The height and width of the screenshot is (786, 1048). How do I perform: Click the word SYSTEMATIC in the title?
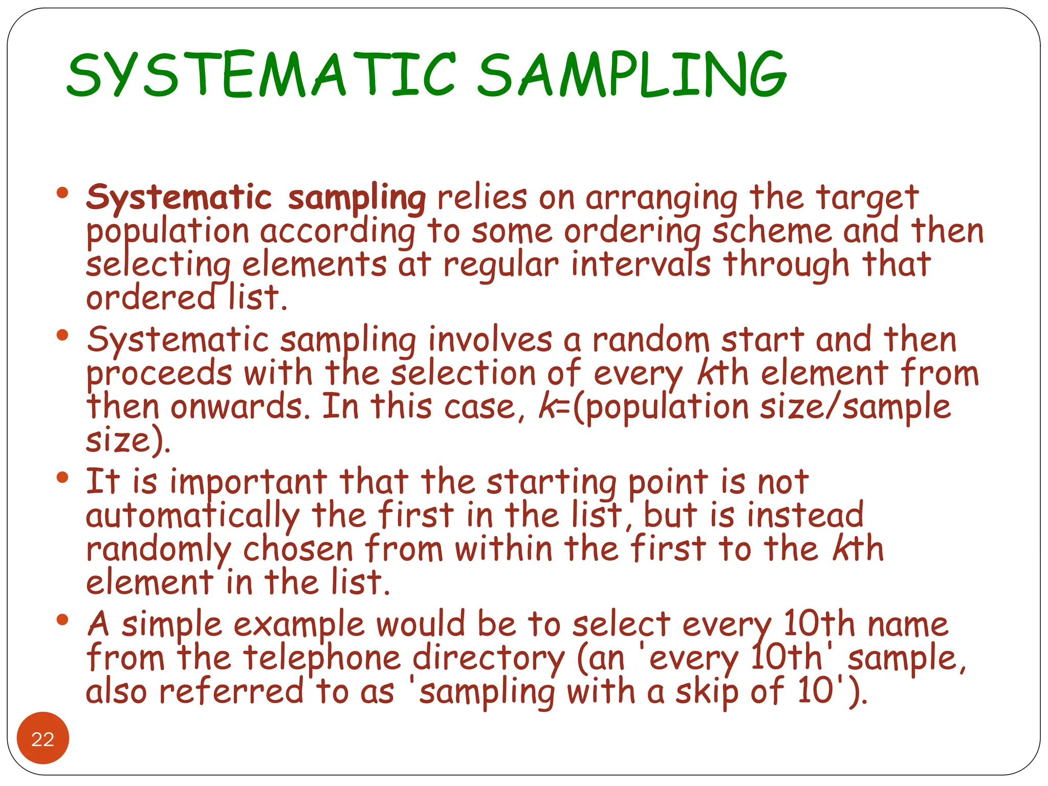coord(261,76)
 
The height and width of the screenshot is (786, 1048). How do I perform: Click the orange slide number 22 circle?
coord(43,738)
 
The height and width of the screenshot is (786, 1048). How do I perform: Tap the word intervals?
coord(641,265)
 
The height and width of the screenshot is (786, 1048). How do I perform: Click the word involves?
coord(490,340)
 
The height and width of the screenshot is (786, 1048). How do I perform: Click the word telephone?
coord(322,659)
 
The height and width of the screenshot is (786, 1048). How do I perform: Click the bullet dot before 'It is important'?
coord(62,478)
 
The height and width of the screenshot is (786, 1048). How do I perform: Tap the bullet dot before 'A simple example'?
coord(62,620)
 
